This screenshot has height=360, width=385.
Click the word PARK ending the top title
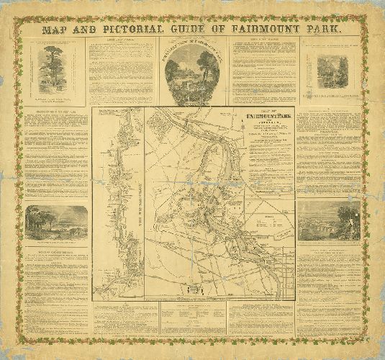[x=320, y=31]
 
